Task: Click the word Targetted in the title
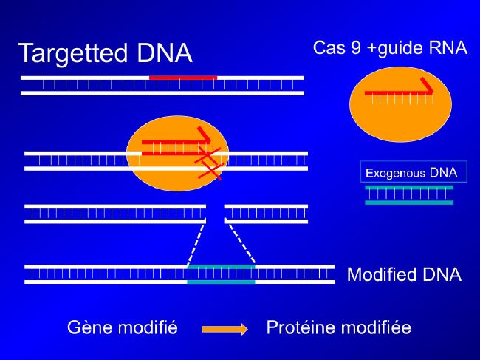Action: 73,54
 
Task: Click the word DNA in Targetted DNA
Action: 165,52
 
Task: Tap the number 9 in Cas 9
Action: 356,48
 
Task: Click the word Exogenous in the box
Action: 396,174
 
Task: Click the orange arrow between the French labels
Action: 224,329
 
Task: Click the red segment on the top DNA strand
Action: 183,78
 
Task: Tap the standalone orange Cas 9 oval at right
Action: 400,104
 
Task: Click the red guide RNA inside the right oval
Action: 399,91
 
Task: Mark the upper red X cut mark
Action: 208,155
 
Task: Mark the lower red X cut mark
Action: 210,171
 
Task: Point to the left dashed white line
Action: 195,244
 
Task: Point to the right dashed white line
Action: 241,244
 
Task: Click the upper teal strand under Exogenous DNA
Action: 409,187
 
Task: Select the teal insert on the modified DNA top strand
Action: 221,267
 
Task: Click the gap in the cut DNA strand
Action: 216,214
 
